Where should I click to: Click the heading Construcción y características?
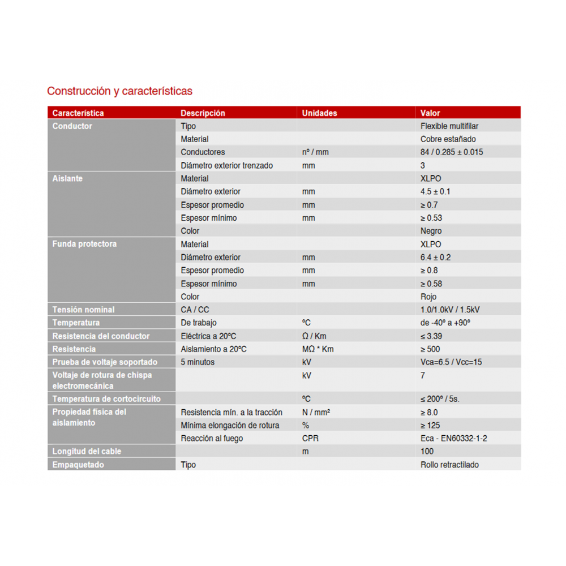[119, 91]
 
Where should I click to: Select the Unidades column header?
[319, 113]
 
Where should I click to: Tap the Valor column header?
[430, 113]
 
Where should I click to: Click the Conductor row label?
[72, 126]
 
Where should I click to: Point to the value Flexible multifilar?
[449, 126]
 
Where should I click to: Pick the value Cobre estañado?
[448, 139]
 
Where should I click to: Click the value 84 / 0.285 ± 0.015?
[452, 152]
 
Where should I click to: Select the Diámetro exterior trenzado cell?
[226, 166]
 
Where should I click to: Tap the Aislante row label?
[67, 179]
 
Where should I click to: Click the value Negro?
[431, 231]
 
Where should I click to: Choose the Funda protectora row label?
[84, 245]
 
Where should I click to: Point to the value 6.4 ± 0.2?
[435, 258]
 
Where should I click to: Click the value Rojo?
[428, 297]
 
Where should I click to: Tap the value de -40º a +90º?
[445, 323]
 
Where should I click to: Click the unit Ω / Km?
[314, 336]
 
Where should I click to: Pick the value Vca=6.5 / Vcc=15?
[451, 362]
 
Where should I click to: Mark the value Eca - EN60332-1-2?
[453, 439]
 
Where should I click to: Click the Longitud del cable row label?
[87, 452]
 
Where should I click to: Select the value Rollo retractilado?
[449, 465]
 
